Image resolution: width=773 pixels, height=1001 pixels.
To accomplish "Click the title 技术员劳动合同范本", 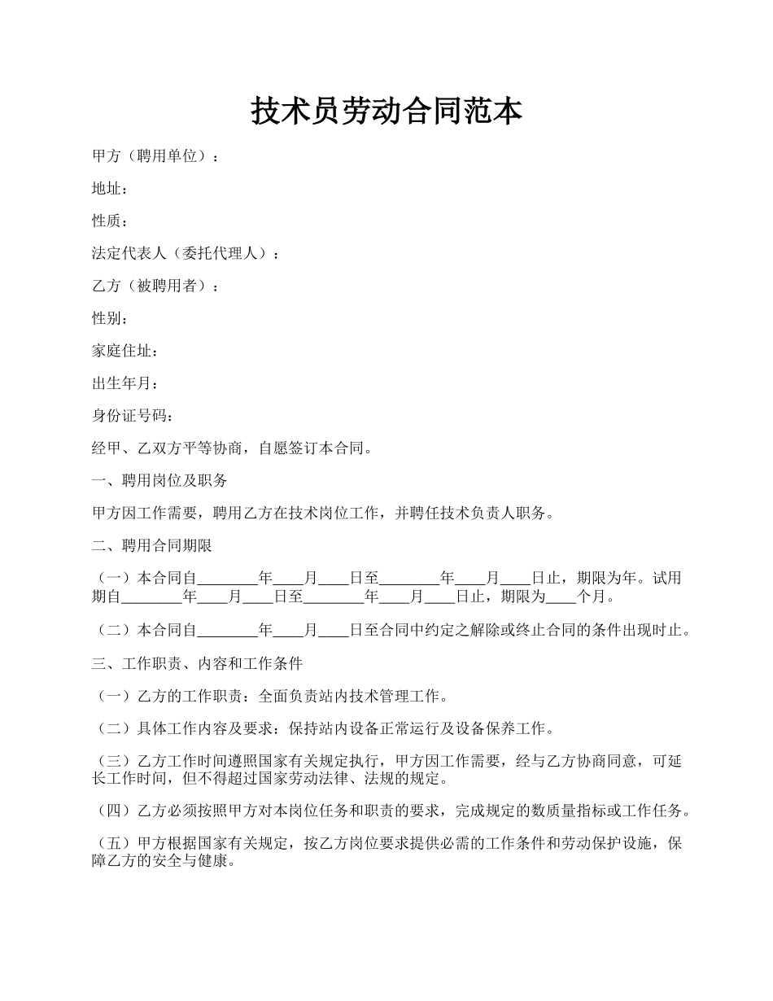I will pos(386,111).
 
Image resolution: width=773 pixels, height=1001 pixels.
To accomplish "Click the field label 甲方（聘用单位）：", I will pos(155,156).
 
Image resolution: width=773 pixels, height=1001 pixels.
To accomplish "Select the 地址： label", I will pos(110,189).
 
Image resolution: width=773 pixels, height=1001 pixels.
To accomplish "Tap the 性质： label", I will pos(110,221).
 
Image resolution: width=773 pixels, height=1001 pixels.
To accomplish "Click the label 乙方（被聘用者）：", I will pos(155,286).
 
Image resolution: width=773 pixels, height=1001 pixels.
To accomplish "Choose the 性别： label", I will pos(110,319).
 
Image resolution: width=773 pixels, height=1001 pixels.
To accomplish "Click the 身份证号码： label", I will pos(133,417).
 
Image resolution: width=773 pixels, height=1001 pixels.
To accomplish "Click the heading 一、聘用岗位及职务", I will pos(159,481).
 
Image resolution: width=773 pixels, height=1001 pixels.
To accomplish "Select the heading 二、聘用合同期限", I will pos(152,546).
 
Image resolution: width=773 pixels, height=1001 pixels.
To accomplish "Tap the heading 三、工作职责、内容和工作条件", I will pos(198,664).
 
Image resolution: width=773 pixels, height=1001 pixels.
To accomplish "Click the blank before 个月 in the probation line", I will pos(561,597).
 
